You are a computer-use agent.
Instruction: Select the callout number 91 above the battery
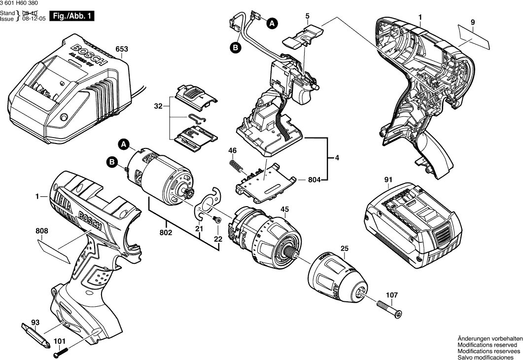[x=389, y=179]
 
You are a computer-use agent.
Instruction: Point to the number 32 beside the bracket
[x=158, y=107]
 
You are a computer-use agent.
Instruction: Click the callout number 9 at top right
[x=472, y=22]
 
